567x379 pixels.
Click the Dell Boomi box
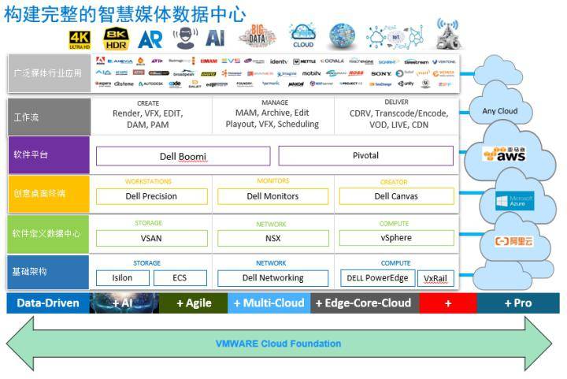pyautogui.click(x=183, y=156)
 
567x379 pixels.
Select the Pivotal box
pyautogui.click(x=365, y=156)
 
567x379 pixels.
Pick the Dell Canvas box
pyautogui.click(x=396, y=196)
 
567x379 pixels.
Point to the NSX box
pyautogui.click(x=273, y=238)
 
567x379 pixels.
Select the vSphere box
pyautogui.click(x=396, y=238)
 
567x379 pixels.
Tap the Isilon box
pyautogui.click(x=121, y=278)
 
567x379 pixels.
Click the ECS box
pyautogui.click(x=180, y=278)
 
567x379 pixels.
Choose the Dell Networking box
pyautogui.click(x=273, y=278)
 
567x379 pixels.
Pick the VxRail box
pyautogui.click(x=435, y=278)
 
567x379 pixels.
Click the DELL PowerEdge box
pyautogui.click(x=377, y=278)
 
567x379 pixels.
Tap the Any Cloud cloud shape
pyautogui.click(x=500, y=110)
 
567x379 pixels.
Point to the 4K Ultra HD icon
pyautogui.click(x=80, y=39)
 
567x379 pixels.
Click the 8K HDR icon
pyautogui.click(x=116, y=38)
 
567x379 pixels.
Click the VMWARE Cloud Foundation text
pyautogui.click(x=278, y=344)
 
